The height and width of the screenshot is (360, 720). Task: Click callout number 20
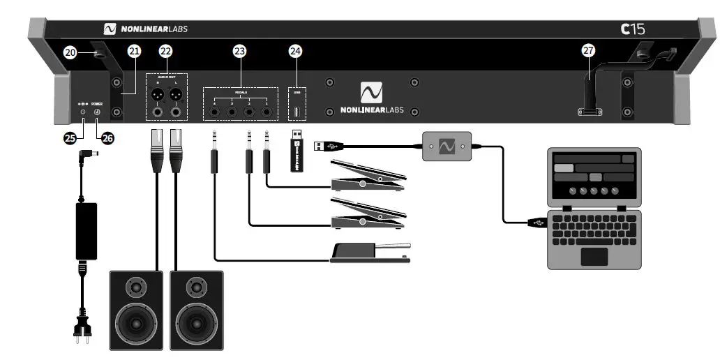(70, 52)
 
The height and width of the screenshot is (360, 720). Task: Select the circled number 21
(135, 51)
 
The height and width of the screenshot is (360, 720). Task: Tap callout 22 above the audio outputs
(165, 51)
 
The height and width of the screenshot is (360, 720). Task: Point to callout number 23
(239, 51)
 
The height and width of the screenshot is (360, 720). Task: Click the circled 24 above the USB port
(296, 51)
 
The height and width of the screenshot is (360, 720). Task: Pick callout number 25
(70, 138)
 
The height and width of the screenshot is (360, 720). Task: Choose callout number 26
(107, 138)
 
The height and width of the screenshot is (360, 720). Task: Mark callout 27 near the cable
(590, 51)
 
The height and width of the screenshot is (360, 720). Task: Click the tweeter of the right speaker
(197, 286)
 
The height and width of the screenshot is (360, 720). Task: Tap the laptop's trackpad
(594, 255)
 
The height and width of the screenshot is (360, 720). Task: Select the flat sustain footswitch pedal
(369, 252)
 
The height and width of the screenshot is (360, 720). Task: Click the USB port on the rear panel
(297, 112)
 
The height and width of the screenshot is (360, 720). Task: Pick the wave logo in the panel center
(371, 93)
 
